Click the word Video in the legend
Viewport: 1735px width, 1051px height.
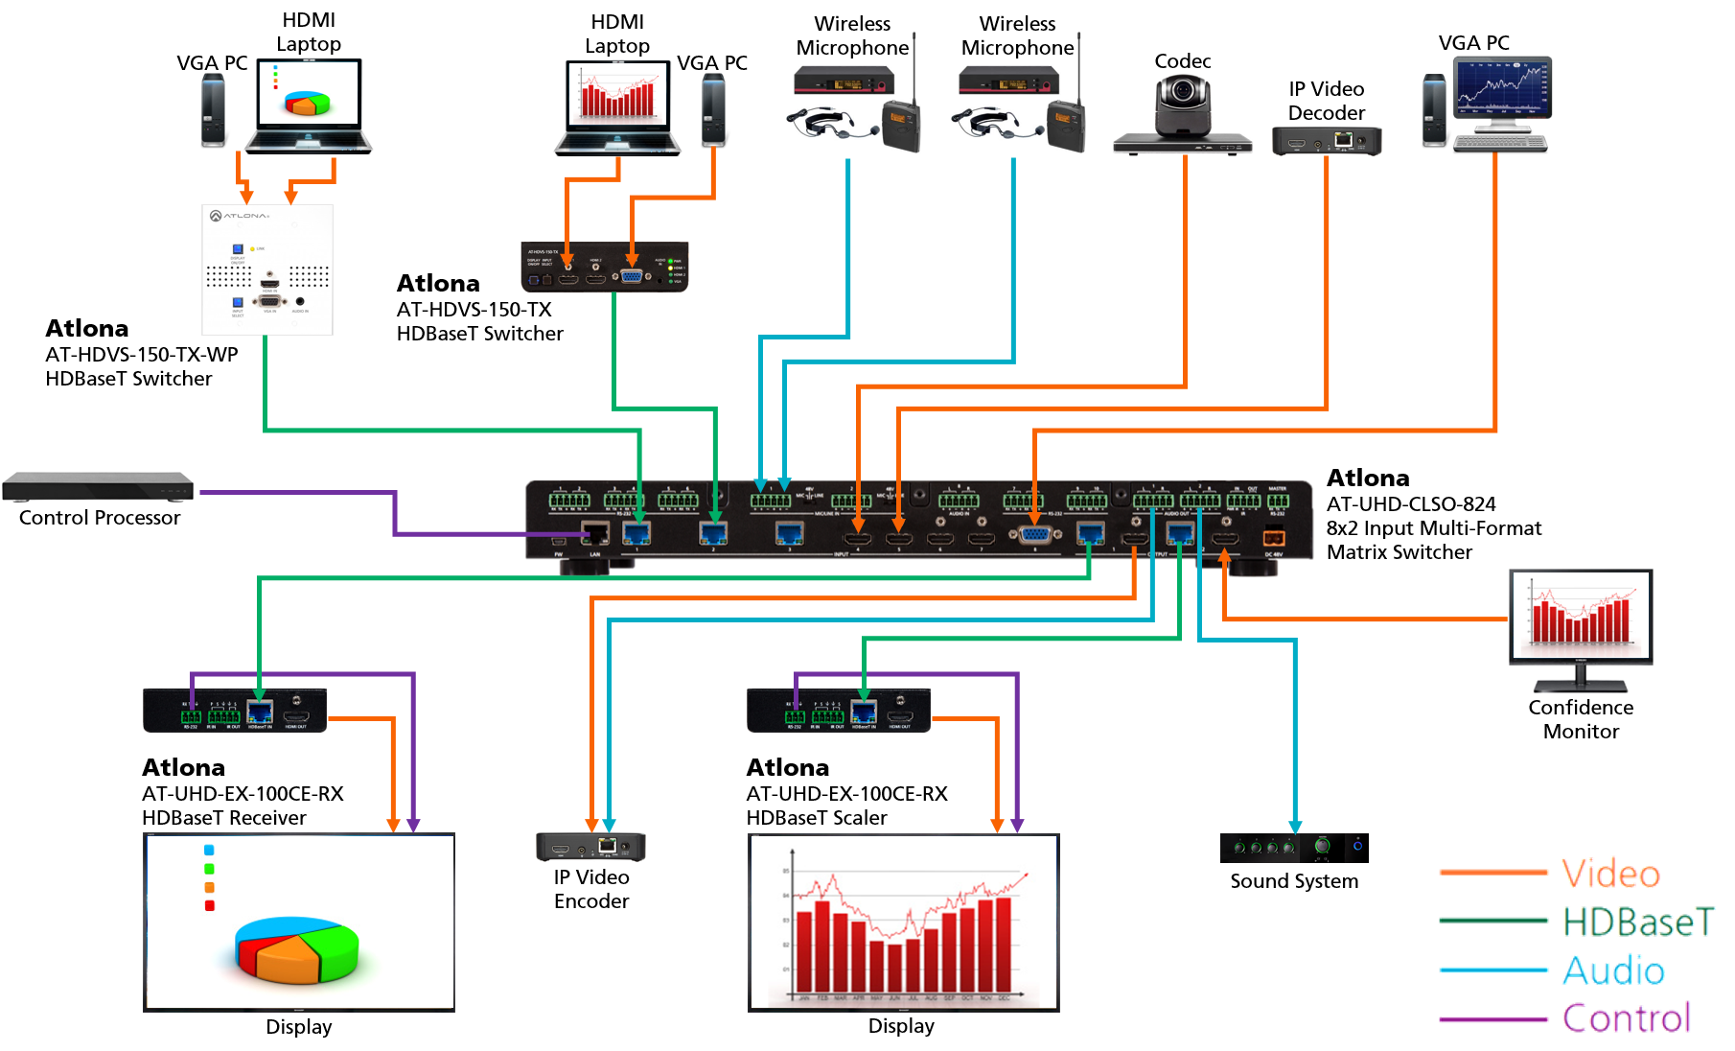tap(1610, 873)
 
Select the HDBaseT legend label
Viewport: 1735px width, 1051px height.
tap(1637, 922)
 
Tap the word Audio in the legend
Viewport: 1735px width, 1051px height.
tap(1613, 970)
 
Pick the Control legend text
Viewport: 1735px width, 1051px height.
tap(1626, 1017)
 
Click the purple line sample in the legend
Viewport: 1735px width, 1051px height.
tap(1492, 1019)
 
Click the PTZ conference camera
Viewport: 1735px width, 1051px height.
tap(1183, 115)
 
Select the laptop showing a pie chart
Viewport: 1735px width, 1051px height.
tap(309, 105)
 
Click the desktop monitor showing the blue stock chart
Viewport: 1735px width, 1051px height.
tap(1501, 102)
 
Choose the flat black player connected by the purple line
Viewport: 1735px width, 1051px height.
tap(98, 486)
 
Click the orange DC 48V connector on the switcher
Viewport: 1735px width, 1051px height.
tap(1273, 538)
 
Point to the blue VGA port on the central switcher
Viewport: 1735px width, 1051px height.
tap(1034, 535)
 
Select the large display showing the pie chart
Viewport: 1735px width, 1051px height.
tap(299, 922)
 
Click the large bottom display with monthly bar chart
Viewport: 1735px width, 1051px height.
tap(903, 922)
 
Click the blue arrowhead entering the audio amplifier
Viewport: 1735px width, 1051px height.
tap(1295, 828)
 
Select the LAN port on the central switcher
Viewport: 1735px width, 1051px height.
tap(595, 533)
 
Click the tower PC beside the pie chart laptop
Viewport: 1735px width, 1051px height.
tap(212, 110)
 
